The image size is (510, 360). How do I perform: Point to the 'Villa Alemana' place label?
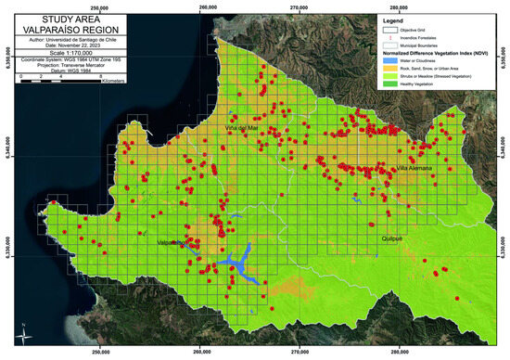(414, 169)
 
